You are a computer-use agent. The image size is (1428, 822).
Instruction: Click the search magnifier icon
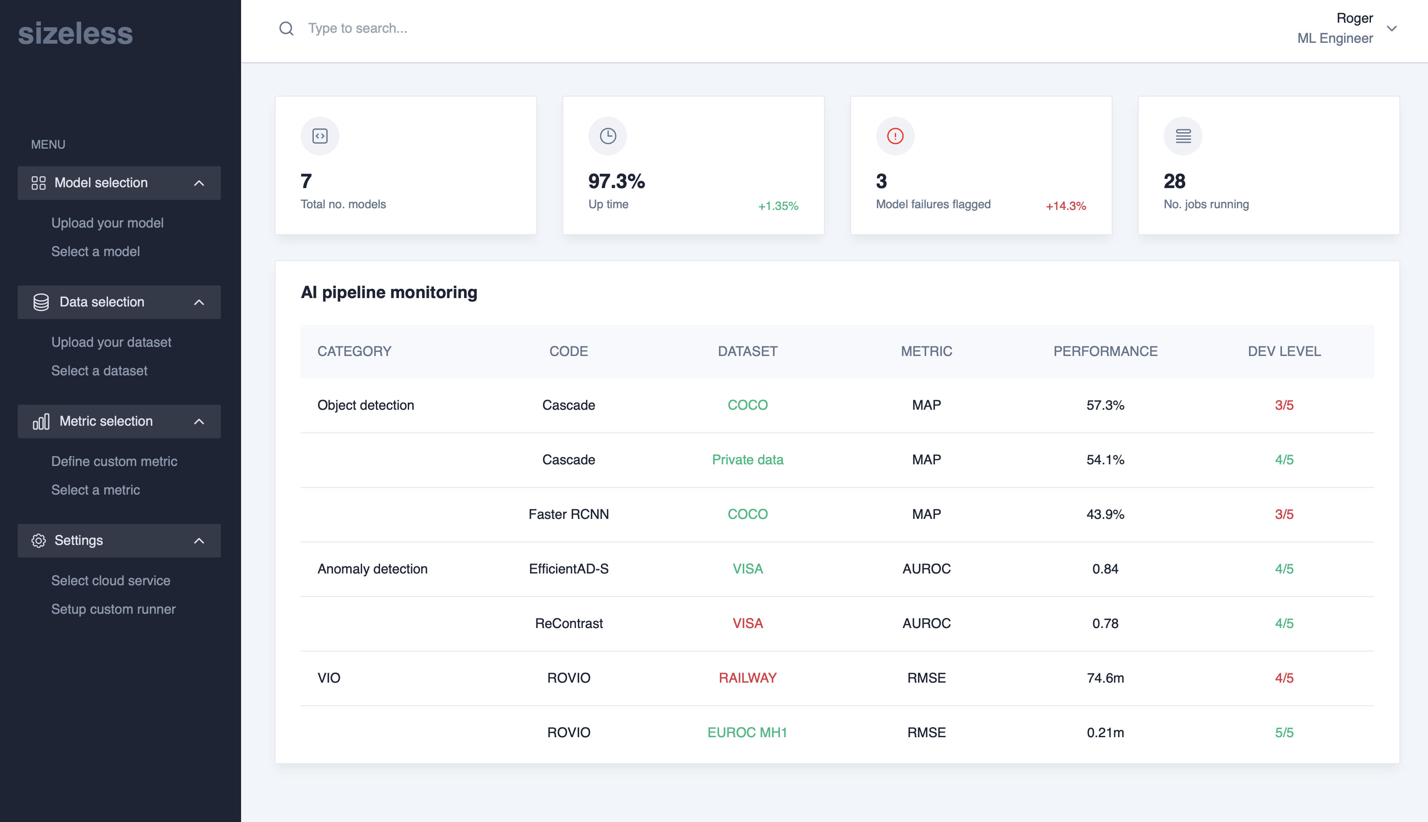[286, 28]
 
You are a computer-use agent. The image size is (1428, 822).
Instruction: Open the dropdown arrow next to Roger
[1392, 28]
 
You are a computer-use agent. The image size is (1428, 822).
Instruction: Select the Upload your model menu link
[107, 223]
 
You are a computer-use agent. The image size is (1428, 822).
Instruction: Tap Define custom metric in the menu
[114, 461]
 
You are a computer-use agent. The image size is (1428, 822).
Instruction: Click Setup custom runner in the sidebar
[113, 609]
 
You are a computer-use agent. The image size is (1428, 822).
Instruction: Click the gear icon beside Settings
[38, 540]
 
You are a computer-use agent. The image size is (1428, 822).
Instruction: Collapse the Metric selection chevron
[199, 421]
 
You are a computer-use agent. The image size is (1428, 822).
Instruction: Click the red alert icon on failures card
[895, 136]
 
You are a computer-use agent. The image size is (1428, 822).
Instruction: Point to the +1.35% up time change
[778, 206]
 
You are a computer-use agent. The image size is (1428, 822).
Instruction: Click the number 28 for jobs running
[1174, 181]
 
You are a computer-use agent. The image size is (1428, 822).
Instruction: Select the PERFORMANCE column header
[1105, 351]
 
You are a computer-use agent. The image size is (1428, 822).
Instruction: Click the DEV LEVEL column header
[1284, 351]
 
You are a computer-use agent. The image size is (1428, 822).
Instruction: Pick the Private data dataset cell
[748, 460]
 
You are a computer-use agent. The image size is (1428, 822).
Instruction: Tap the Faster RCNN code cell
[569, 514]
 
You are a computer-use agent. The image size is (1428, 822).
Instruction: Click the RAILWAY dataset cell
[748, 678]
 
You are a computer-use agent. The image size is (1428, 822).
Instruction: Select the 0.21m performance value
[1105, 732]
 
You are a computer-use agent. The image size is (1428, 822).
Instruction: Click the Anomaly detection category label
[372, 568]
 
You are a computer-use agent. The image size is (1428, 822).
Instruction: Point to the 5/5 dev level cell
[1284, 732]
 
